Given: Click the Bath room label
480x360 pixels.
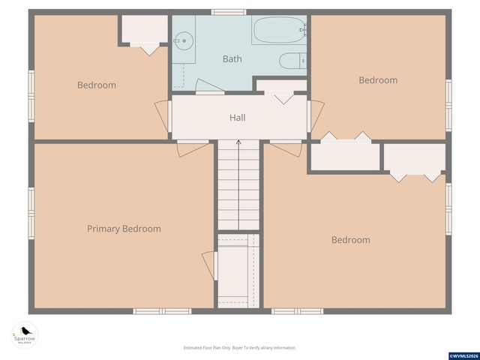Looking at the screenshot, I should coord(232,58).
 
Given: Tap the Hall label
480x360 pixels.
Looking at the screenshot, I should coord(237,118).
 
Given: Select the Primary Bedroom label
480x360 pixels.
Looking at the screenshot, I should coord(124,229).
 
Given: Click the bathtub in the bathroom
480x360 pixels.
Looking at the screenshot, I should coord(278,31).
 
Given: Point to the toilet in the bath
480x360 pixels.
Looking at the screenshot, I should coord(292,61).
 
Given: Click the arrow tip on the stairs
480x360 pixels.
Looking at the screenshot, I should coord(238,141).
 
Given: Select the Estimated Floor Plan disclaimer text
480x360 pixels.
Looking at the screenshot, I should coord(240,348).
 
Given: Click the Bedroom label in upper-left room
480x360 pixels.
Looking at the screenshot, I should coord(97,85).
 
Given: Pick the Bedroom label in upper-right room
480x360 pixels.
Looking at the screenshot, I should coord(377,80).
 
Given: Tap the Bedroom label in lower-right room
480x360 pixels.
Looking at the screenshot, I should coord(350,240).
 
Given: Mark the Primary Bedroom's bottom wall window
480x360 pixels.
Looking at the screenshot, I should coord(162,310).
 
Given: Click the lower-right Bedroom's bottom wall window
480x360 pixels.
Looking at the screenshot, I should coord(297,310).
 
